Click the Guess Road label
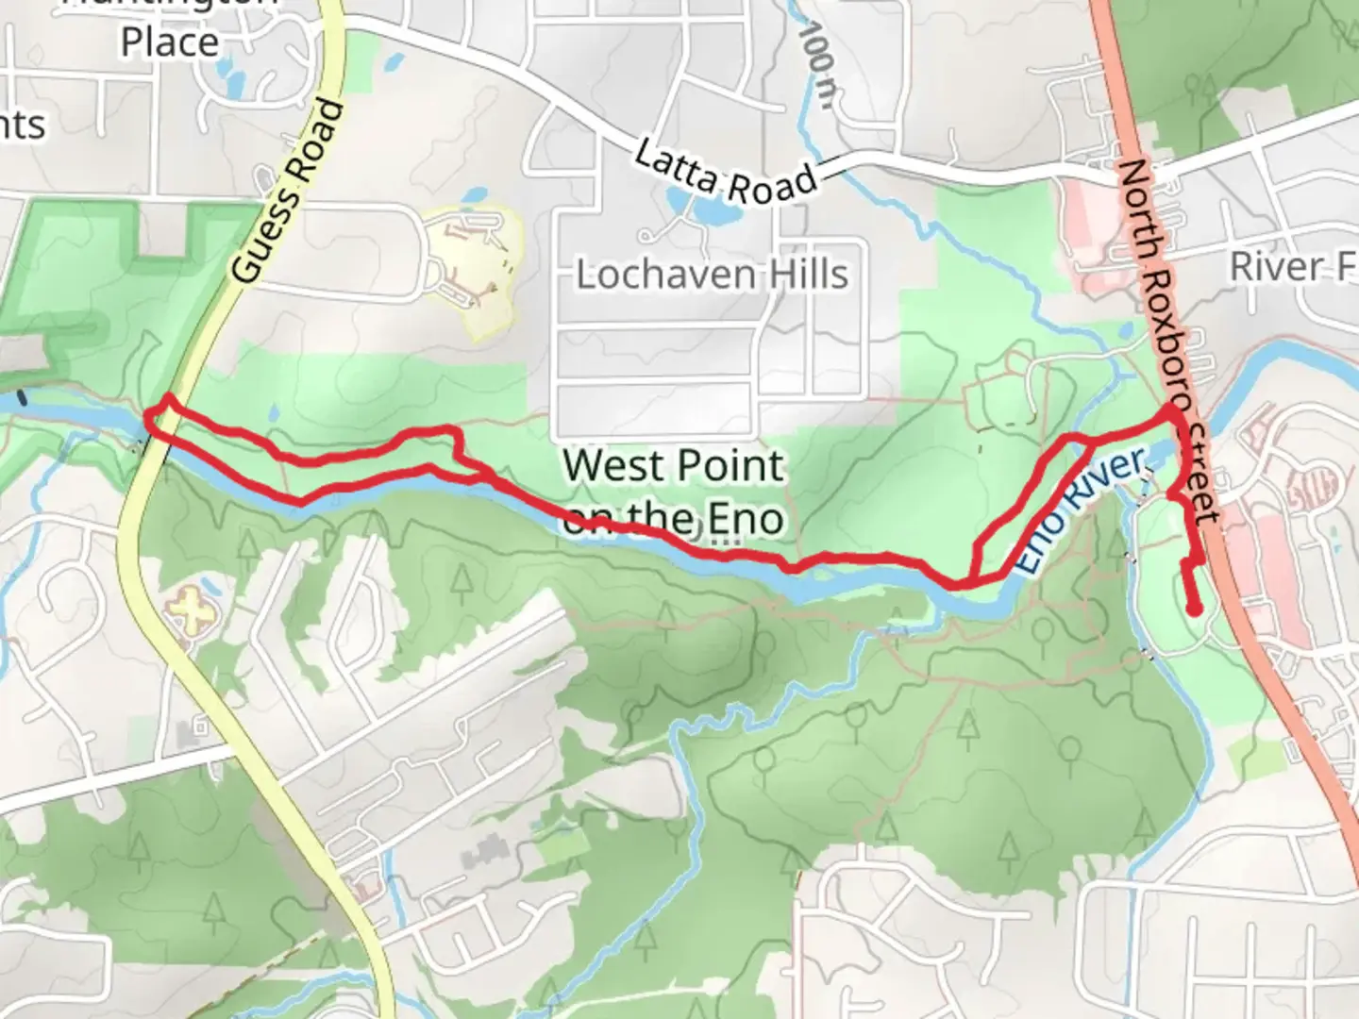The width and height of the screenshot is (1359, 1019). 289,192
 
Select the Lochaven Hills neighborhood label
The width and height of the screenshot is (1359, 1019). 713,275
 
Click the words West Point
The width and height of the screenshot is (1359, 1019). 674,466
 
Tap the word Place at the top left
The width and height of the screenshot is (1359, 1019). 170,42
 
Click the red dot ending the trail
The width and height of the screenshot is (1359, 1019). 1195,609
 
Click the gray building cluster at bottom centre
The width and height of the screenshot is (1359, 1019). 486,854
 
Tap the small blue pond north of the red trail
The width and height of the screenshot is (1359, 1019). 273,413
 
